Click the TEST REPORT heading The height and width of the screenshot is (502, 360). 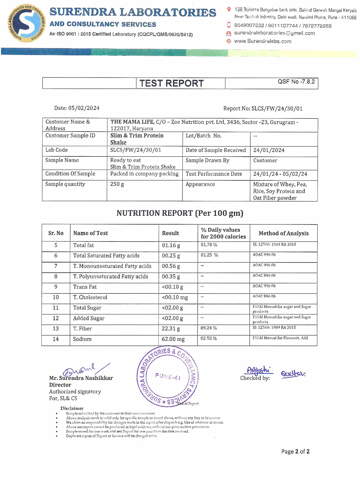[x=172, y=83]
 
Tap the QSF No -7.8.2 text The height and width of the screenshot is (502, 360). [x=296, y=82]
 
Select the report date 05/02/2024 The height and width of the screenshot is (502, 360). [x=84, y=108]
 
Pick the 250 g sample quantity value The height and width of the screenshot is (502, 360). [x=117, y=184]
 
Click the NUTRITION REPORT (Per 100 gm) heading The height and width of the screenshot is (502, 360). [x=180, y=213]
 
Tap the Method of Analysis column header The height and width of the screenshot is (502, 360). [x=283, y=233]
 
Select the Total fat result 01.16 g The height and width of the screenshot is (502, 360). [x=171, y=246]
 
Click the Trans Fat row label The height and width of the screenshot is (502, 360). [x=85, y=287]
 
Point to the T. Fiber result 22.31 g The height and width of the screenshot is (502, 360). [x=171, y=329]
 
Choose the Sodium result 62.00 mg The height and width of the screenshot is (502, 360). [x=173, y=339]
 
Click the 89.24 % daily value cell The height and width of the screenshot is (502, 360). [x=208, y=328]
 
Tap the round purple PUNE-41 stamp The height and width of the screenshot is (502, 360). [x=168, y=376]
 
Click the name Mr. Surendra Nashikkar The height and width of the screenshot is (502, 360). [x=81, y=378]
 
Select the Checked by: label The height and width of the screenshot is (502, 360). [x=255, y=378]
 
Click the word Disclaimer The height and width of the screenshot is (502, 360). [x=72, y=408]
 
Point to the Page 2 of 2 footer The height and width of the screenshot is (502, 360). [x=295, y=451]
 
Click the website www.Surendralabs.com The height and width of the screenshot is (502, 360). [x=262, y=41]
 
